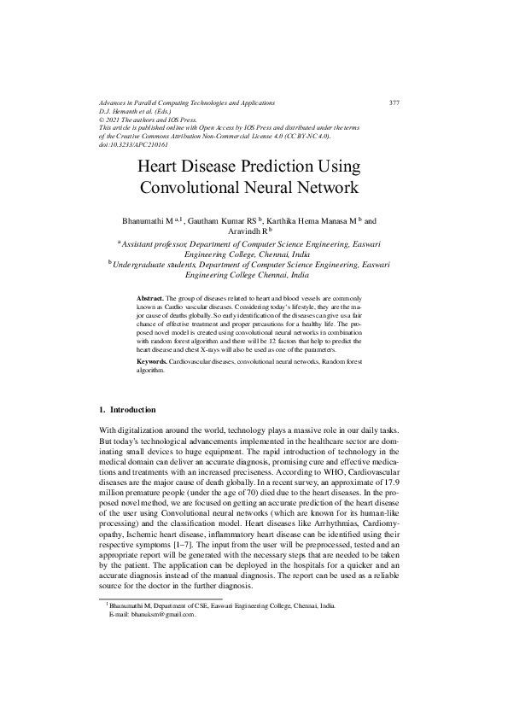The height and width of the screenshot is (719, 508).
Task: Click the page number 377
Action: point(394,102)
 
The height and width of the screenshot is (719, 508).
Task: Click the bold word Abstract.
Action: point(150,297)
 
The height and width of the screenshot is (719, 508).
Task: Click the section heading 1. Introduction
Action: point(128,410)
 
